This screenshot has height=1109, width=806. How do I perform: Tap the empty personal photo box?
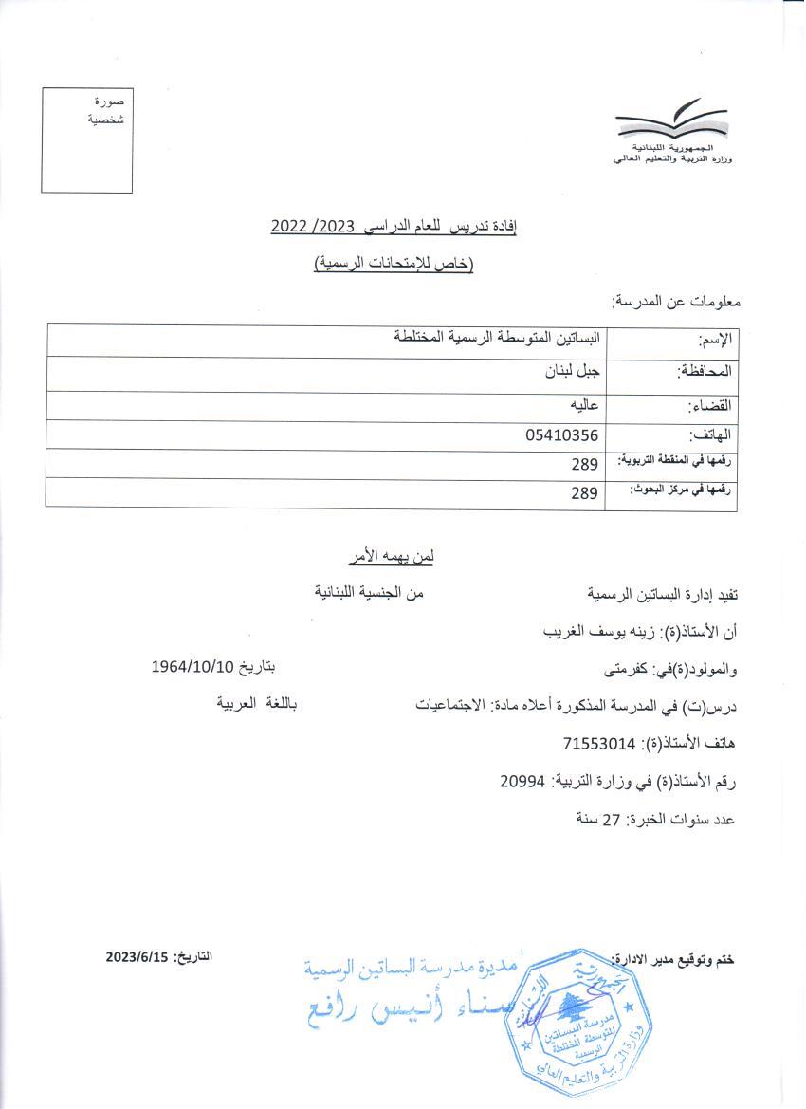(x=87, y=140)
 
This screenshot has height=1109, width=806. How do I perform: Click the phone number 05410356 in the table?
(x=562, y=435)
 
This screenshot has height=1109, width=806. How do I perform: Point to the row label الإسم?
(x=716, y=340)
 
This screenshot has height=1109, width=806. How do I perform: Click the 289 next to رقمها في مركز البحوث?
(x=584, y=493)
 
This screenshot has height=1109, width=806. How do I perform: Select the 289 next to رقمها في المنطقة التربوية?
(x=584, y=465)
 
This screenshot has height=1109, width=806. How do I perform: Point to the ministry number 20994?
(x=522, y=781)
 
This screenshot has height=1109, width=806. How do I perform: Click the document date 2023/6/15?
(x=137, y=957)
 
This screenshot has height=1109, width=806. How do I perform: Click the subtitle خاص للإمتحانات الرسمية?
(x=394, y=265)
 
